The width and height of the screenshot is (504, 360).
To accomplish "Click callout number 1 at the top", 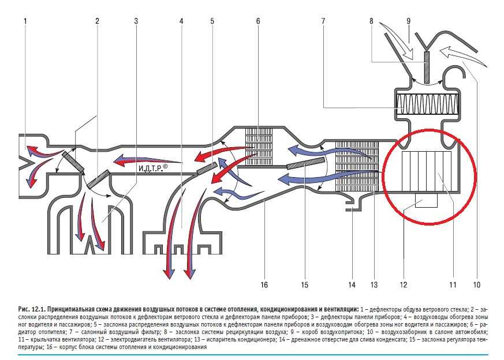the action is pos(25,21).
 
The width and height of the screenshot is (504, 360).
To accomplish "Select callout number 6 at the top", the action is pos(258,21).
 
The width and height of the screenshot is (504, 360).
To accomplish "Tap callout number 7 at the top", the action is pos(323,21).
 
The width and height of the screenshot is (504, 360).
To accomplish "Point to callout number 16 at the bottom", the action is pos(264,285).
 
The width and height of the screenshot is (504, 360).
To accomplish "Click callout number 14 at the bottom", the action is pos(352,285).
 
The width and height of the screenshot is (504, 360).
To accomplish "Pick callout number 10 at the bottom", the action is pos(477,285).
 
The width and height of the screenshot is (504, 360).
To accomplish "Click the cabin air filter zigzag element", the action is pos(427,104).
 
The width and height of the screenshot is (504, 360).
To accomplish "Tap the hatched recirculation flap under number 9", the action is pos(427,67).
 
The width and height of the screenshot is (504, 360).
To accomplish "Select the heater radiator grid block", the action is pos(259,147).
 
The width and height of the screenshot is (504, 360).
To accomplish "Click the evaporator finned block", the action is pos(357,167).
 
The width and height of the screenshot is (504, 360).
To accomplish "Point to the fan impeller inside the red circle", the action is pos(427,171).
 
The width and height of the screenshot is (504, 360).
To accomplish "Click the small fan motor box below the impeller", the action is pos(426,200).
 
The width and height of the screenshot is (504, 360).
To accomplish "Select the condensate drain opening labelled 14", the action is pos(353,205).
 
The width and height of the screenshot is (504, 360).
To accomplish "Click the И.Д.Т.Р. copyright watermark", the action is pos(153,168).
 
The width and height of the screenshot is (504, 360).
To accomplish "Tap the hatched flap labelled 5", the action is pos(207,168).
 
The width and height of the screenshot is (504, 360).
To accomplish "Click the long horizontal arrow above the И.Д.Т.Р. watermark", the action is pos(147,160).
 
